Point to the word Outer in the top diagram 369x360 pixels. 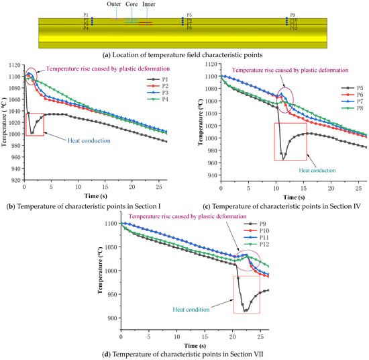pos(114,4)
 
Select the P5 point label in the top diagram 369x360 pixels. pos(189,15)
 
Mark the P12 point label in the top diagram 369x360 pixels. pos(293,29)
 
